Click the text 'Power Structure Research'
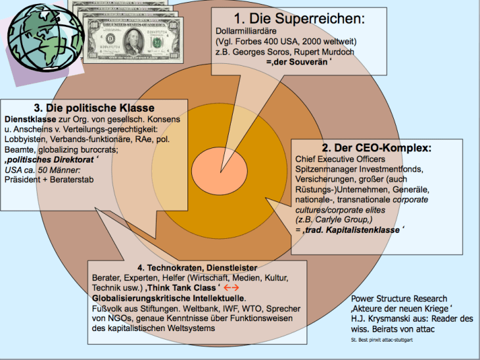399,298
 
